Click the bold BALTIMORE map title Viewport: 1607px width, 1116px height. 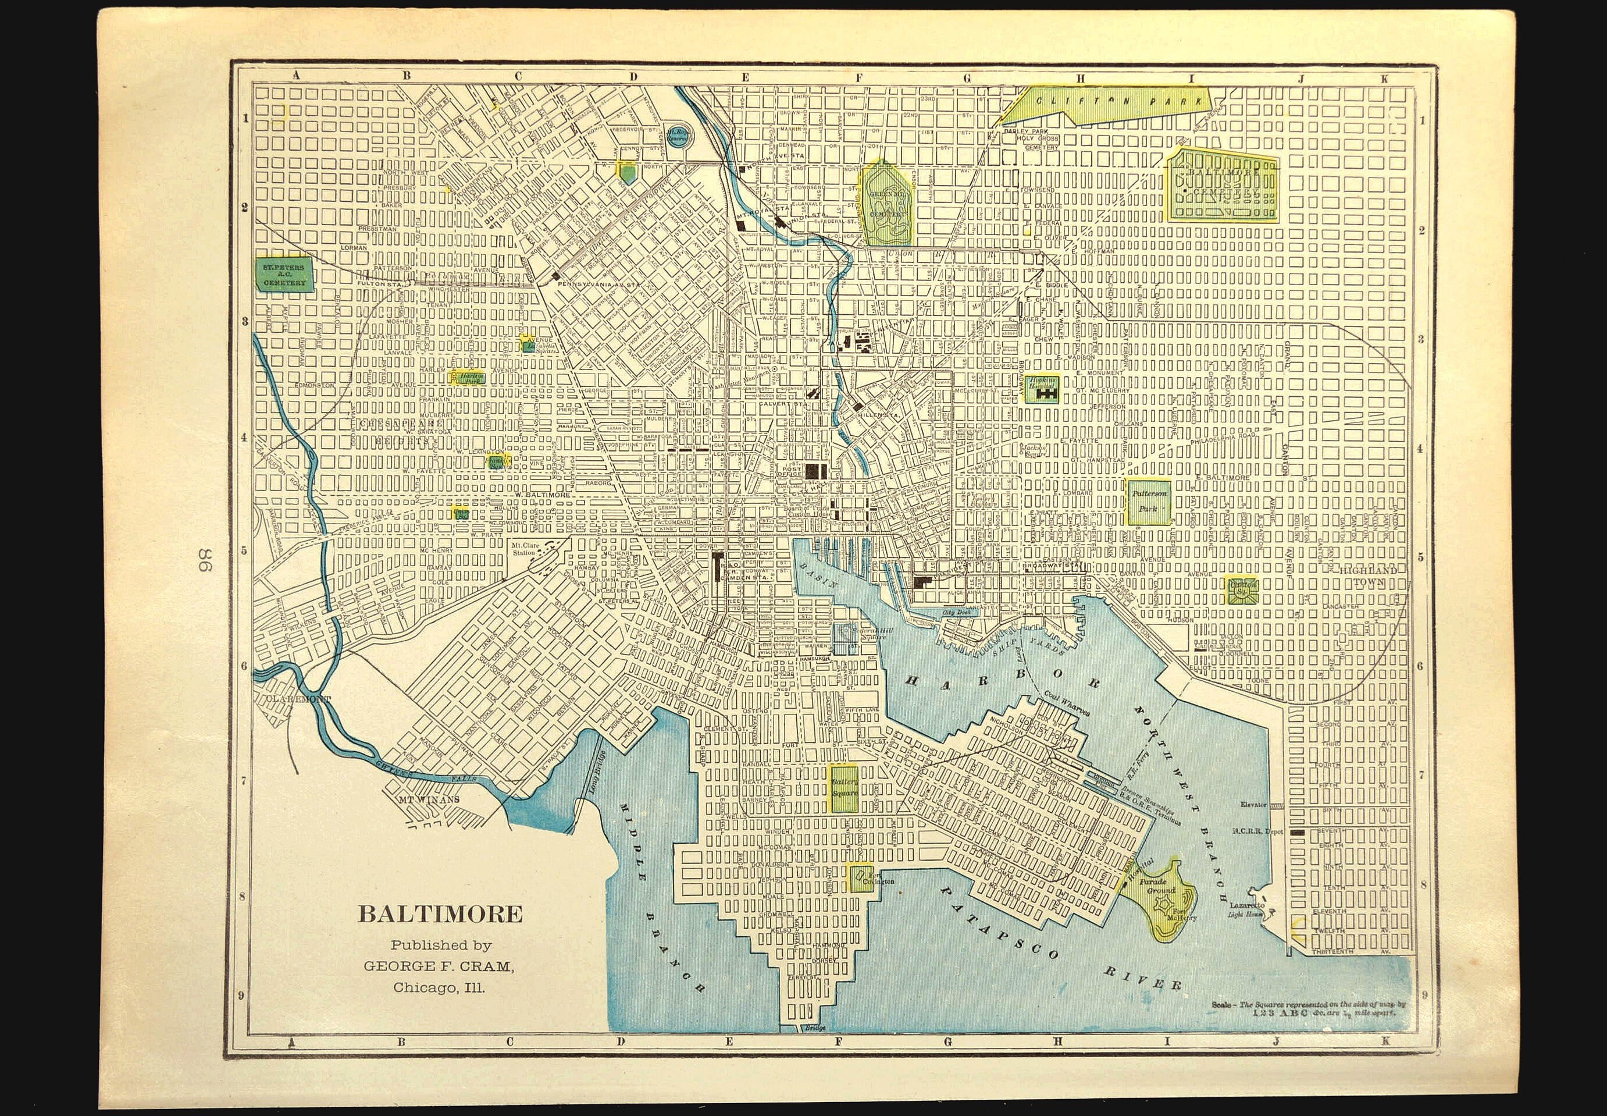440,914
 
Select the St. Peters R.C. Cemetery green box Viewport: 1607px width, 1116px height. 284,275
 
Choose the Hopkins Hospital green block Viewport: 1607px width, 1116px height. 1043,388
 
